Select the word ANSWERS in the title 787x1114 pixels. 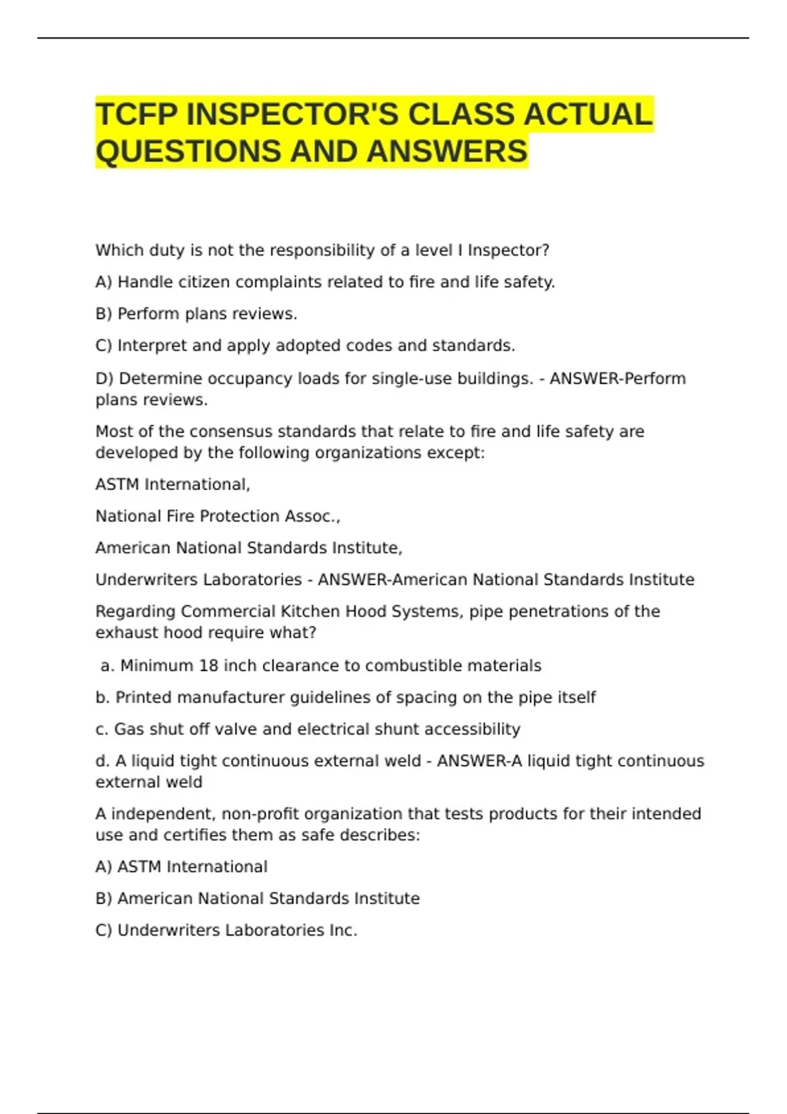coord(447,151)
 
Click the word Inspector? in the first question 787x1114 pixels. coord(508,250)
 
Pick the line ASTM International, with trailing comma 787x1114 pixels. coord(172,484)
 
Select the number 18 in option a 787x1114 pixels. coord(208,666)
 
